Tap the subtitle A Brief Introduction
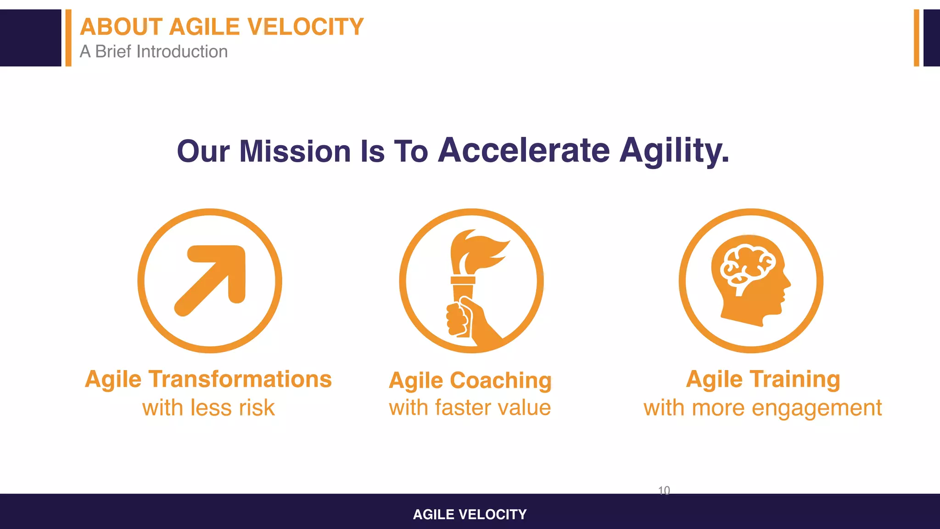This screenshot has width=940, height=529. tap(154, 51)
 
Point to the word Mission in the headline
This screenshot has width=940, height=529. tap(295, 151)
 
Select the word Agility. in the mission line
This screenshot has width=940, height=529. tap(674, 151)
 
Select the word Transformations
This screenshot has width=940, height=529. tap(240, 379)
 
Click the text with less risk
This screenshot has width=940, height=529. tap(208, 408)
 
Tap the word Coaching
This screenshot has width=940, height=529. tap(500, 381)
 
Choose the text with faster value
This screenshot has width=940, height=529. tap(470, 408)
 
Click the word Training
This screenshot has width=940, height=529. tap(795, 379)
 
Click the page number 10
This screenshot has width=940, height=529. tap(664, 490)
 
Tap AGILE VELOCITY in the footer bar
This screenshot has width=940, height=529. tap(470, 514)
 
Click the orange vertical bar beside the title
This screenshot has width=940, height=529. tap(68, 38)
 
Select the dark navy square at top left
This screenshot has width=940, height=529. tap(30, 38)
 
